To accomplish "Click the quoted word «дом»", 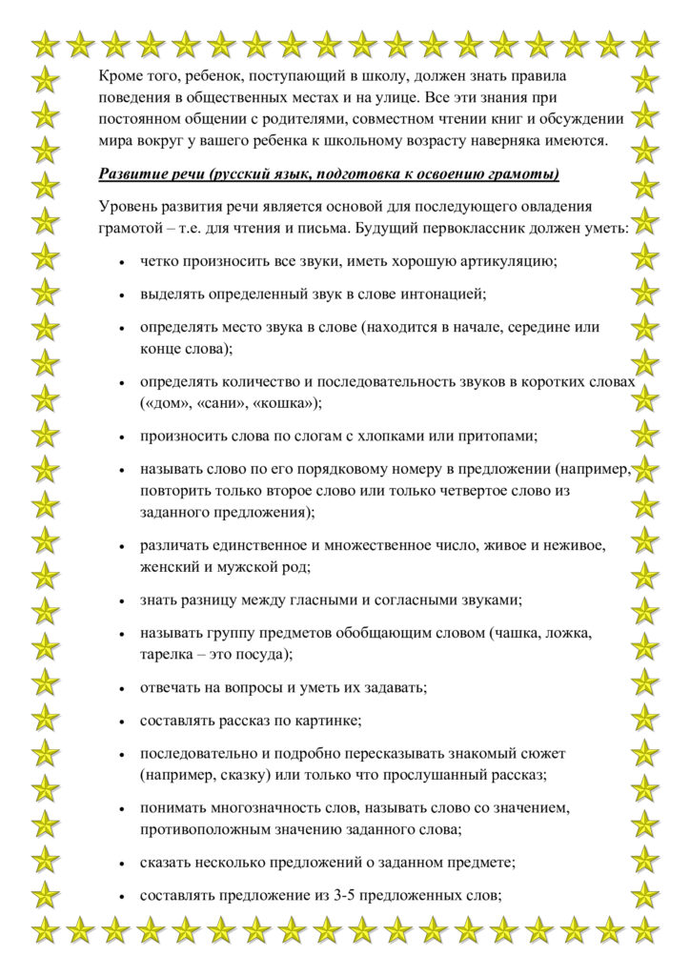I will [x=163, y=402].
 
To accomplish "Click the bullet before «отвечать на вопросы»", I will [x=122, y=687].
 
